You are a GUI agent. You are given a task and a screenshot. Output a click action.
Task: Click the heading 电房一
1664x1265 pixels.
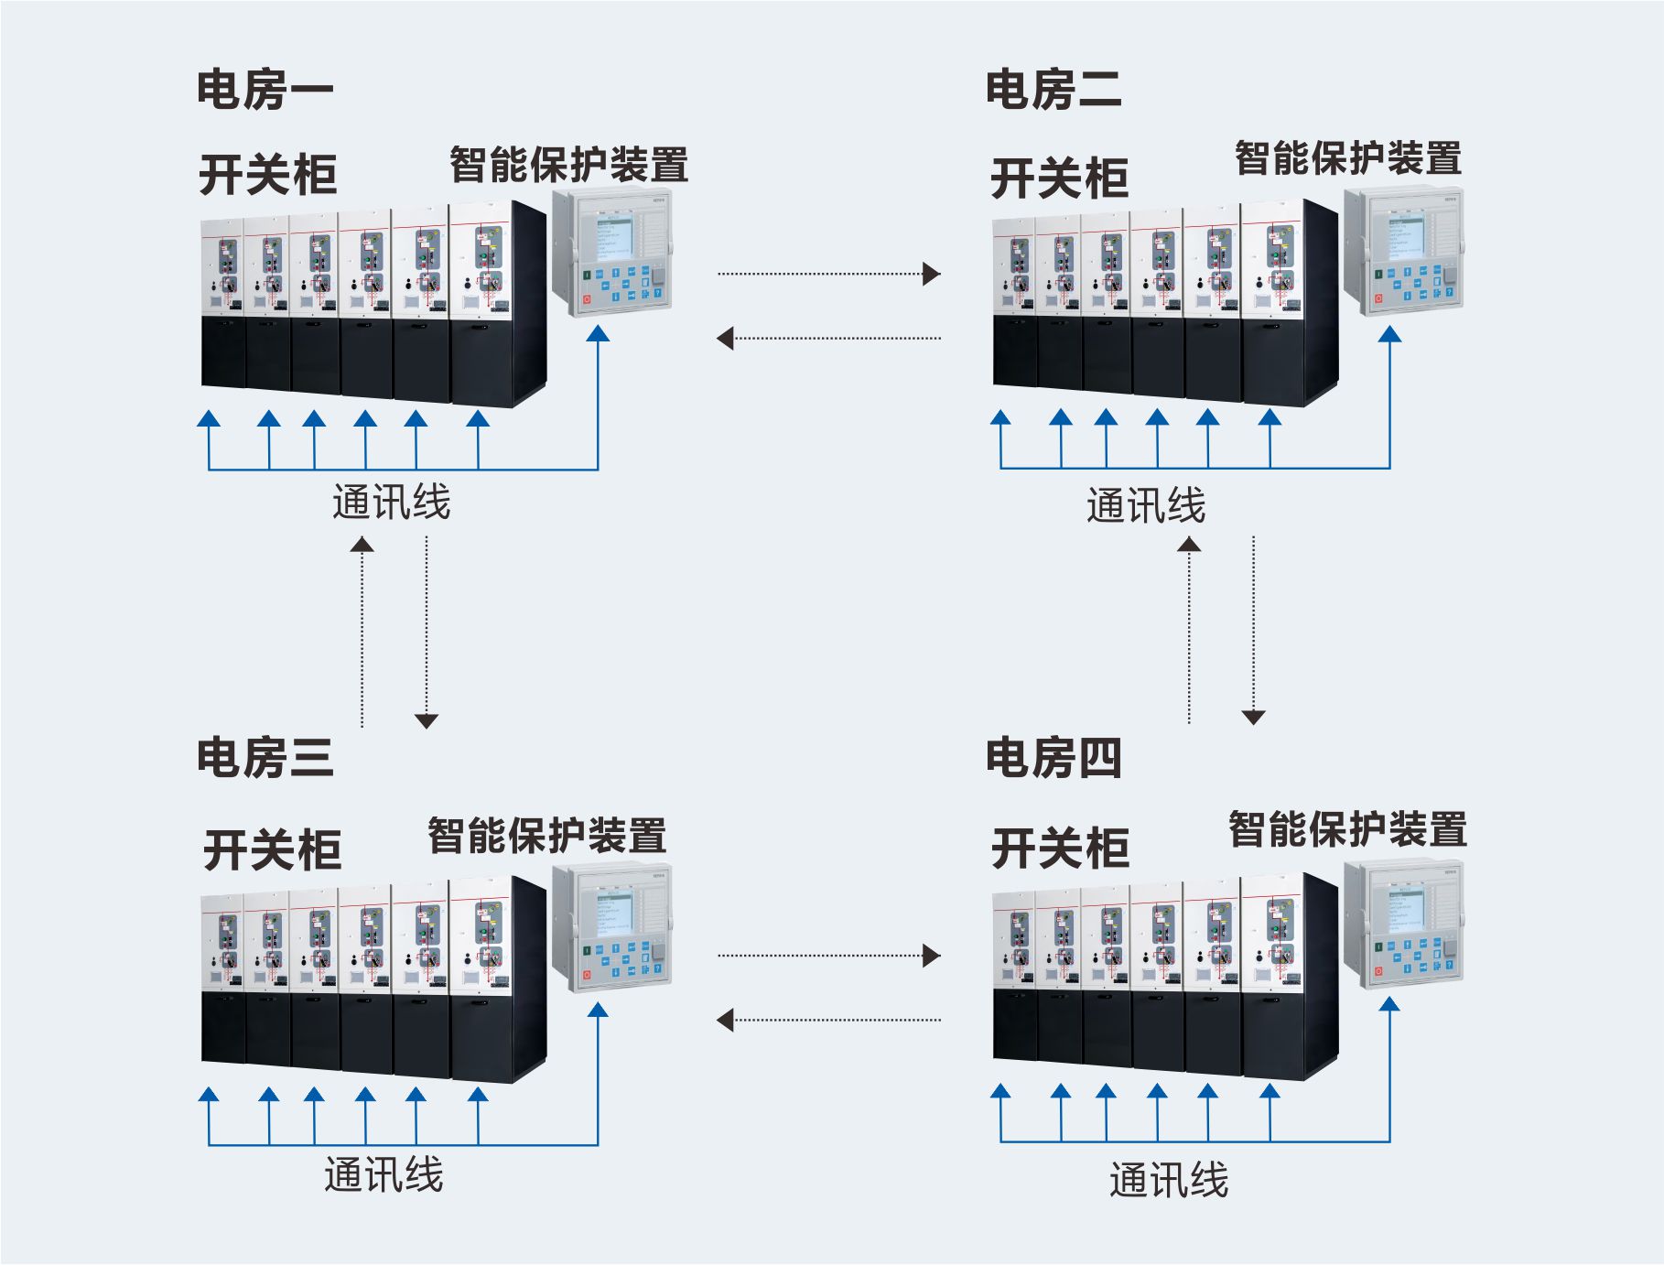click(x=265, y=90)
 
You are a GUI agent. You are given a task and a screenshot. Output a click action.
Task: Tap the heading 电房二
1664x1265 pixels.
click(x=1053, y=90)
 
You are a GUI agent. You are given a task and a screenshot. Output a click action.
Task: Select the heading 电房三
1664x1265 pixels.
click(x=265, y=758)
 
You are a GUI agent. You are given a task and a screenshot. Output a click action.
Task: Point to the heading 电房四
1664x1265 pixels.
click(x=1053, y=758)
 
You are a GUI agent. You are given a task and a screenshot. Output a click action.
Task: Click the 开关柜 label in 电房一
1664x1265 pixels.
click(x=267, y=174)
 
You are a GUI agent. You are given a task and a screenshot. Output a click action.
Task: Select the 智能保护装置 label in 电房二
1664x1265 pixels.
click(x=1347, y=157)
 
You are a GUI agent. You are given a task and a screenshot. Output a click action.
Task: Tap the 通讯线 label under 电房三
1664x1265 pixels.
click(x=384, y=1174)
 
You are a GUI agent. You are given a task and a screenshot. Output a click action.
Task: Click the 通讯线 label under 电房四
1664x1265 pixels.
click(x=1168, y=1179)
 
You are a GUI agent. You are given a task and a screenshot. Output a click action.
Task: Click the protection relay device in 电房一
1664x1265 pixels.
click(x=611, y=252)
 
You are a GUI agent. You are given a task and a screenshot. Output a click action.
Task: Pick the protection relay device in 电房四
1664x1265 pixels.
click(x=1403, y=924)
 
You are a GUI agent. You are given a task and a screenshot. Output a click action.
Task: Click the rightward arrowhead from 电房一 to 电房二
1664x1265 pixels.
click(x=931, y=273)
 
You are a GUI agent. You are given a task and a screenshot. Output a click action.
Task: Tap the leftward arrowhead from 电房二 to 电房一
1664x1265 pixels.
click(x=726, y=339)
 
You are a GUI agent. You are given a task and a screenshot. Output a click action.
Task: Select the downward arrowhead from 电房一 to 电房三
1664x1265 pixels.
click(x=427, y=720)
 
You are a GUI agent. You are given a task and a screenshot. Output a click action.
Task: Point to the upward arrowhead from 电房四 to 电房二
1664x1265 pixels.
click(x=1189, y=545)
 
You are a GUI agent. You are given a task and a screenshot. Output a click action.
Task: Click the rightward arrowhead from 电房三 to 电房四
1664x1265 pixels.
click(x=931, y=956)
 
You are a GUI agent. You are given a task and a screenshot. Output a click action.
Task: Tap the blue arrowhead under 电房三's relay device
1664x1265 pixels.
click(x=598, y=1010)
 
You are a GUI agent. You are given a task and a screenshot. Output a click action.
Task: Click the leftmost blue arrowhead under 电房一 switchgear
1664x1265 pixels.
click(x=210, y=419)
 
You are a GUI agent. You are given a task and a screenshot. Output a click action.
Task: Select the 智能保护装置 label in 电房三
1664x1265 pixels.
click(x=546, y=835)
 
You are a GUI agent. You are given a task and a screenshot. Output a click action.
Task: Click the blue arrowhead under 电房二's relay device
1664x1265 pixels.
click(x=1389, y=335)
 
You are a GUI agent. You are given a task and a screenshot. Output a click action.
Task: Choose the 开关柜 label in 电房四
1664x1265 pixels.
click(x=1060, y=848)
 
